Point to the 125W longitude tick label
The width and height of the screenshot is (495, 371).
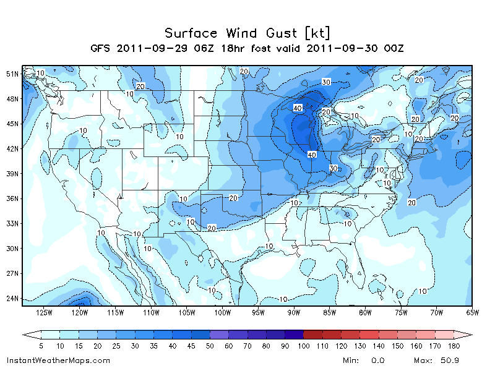[44, 313]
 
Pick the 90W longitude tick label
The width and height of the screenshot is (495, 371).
[294, 313]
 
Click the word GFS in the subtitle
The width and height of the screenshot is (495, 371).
[101, 48]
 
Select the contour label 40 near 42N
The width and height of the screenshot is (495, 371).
[312, 154]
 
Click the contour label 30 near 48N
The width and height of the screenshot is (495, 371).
[326, 82]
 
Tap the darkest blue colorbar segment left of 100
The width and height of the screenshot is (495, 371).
[295, 334]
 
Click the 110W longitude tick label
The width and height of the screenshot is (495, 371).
[151, 313]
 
